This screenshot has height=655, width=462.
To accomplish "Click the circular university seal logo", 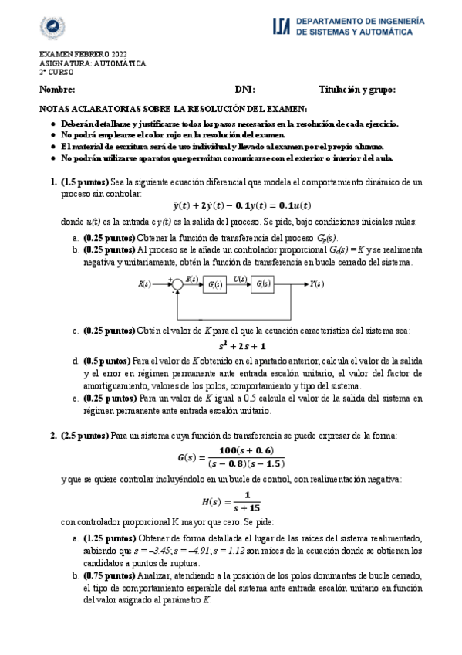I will tap(52, 27).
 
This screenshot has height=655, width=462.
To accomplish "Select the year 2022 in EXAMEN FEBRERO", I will tap(115, 54).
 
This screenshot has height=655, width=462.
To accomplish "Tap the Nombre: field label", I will tap(57, 90).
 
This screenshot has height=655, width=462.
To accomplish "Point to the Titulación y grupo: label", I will tap(357, 90).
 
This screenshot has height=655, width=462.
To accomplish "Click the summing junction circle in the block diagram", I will tap(177, 284).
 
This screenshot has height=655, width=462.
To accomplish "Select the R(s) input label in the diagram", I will tap(144, 284).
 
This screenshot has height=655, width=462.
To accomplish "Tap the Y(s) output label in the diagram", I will tap(315, 284).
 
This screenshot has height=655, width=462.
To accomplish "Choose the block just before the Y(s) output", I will tap(264, 284).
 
